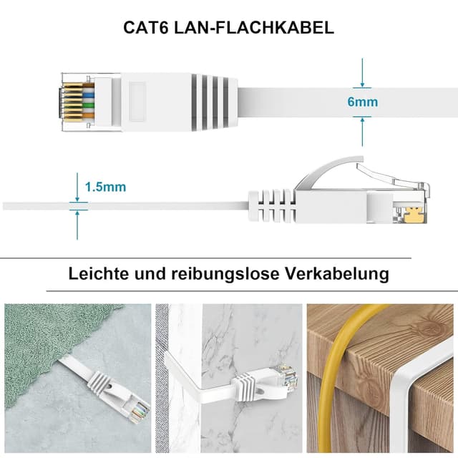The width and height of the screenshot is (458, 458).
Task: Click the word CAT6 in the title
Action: (148, 28)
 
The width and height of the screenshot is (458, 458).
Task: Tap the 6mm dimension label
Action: (362, 102)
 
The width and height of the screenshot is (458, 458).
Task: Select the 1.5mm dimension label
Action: (105, 187)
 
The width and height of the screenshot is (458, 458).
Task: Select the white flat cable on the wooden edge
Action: (415, 372)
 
